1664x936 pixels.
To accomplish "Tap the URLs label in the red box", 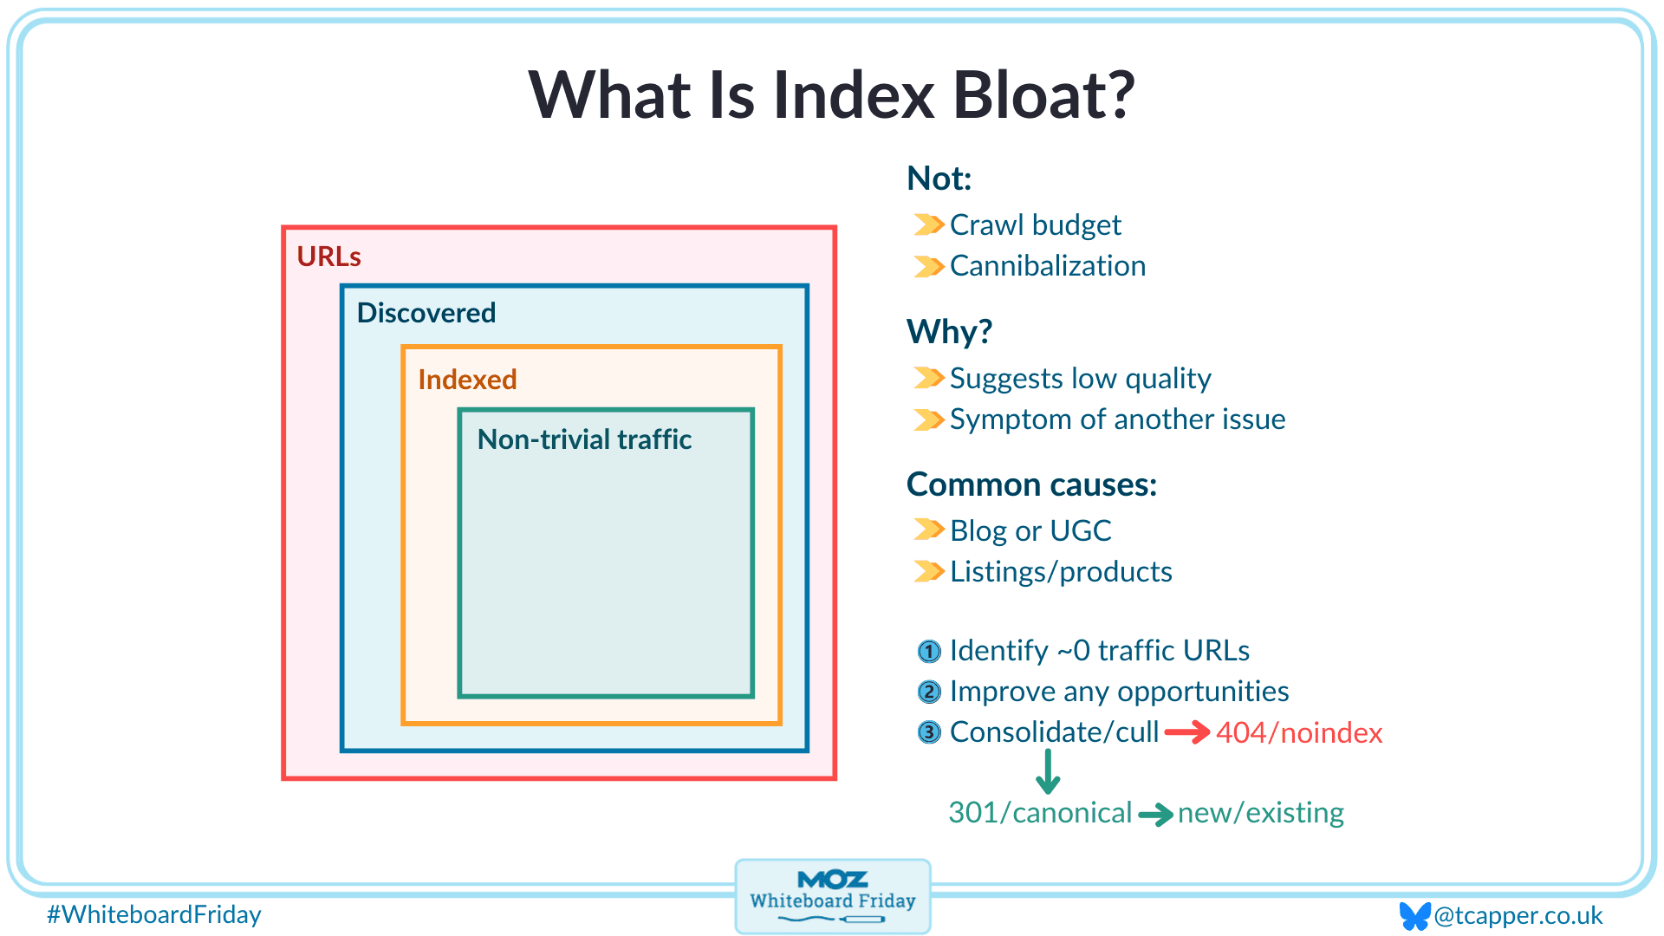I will tap(328, 257).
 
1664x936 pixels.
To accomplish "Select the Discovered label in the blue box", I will tap(426, 313).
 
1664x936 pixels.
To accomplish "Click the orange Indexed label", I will tap(467, 380).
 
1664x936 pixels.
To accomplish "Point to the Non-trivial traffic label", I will tap(584, 439).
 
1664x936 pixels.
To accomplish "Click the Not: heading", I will tap(939, 179).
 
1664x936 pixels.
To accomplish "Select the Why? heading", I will tap(949, 332).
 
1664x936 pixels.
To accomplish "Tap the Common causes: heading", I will tap(1031, 484).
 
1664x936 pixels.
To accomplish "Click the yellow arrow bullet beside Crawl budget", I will tap(928, 225).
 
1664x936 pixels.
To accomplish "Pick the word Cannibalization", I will tap(1047, 266).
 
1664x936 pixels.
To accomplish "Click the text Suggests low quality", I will tap(1080, 379).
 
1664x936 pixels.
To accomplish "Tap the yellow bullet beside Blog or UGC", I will tap(928, 530).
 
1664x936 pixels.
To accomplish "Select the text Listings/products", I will tap(1061, 572).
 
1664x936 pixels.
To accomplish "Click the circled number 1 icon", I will tap(929, 651).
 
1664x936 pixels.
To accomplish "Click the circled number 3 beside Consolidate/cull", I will tap(929, 733).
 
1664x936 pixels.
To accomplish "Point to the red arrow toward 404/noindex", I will tap(1186, 733).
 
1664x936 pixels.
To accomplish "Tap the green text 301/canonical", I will tap(1040, 813).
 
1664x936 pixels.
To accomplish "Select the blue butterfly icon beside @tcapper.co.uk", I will tap(1414, 915).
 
